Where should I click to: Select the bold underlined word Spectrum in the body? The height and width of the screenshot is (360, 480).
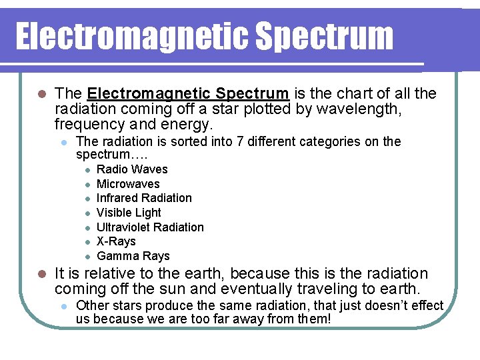click(x=255, y=93)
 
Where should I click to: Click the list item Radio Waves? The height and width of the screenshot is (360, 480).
click(x=132, y=169)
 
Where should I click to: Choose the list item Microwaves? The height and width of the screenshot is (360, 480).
click(x=128, y=184)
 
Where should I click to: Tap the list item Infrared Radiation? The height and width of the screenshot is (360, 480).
click(x=144, y=198)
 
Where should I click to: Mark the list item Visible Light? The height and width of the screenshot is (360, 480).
click(x=129, y=213)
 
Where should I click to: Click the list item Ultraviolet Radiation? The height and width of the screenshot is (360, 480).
click(x=150, y=227)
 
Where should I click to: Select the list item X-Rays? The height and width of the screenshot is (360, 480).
click(x=116, y=241)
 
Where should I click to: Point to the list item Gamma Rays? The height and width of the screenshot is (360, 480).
click(x=133, y=256)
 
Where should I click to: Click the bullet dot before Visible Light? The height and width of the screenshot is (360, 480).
click(x=87, y=213)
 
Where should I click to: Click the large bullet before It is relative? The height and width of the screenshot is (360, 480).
click(x=41, y=274)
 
